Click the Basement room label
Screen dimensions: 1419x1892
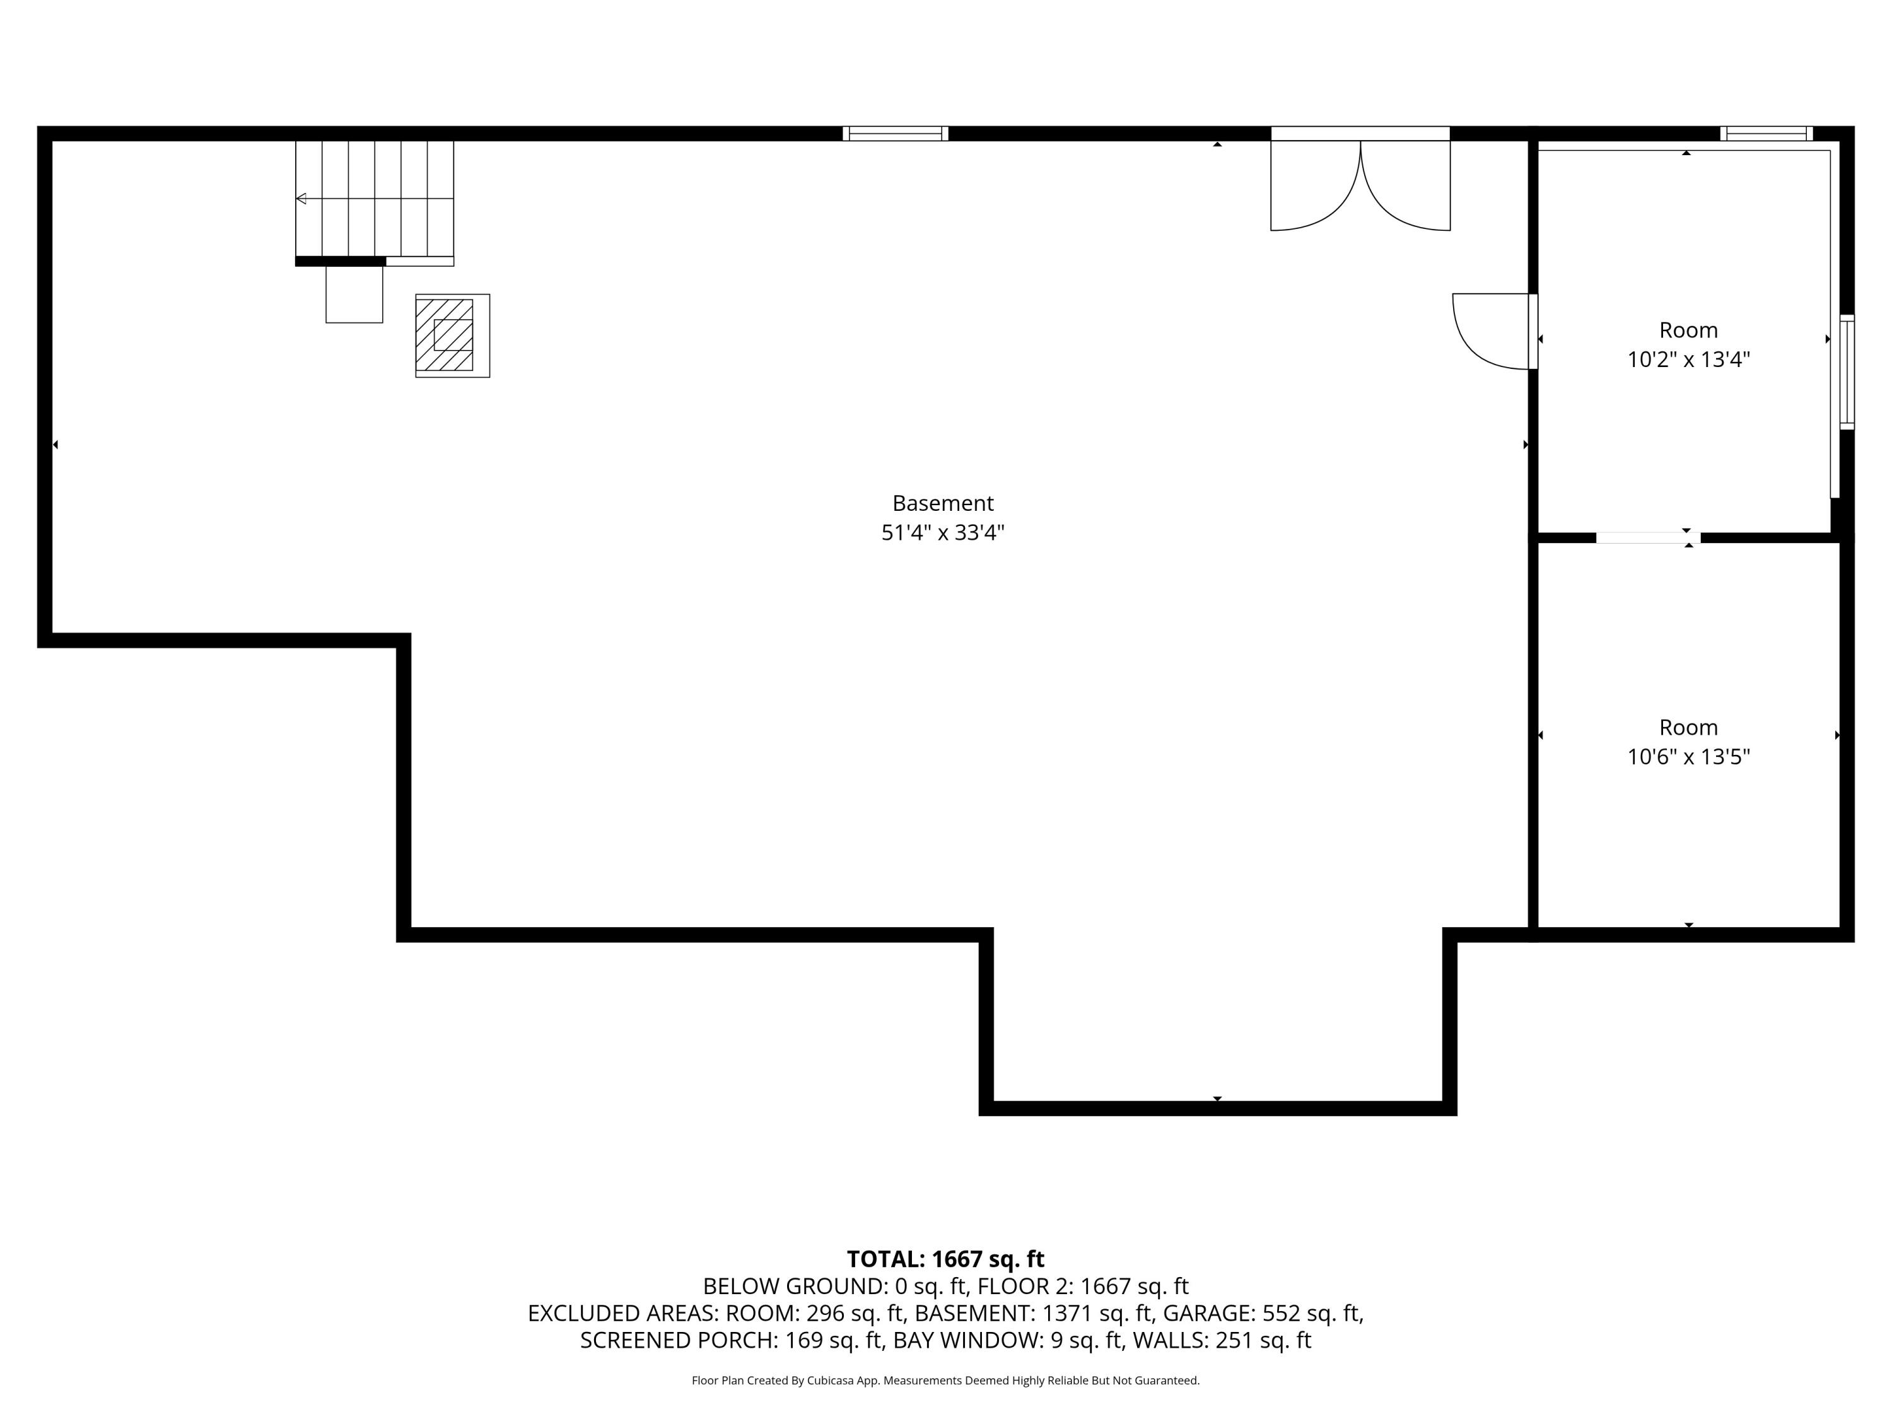(943, 503)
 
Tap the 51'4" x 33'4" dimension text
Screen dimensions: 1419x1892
(943, 533)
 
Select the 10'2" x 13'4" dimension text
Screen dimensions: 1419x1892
(1688, 359)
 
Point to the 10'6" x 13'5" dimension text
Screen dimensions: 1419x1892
(1688, 757)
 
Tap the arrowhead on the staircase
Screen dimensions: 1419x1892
(301, 199)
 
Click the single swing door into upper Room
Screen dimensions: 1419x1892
(1493, 331)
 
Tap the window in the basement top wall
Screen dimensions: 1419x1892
(895, 134)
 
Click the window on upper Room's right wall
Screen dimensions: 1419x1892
(1847, 371)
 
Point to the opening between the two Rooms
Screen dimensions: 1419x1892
(1647, 538)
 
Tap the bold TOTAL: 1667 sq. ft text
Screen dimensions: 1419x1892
(945, 1259)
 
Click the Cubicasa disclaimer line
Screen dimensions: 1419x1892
(945, 1381)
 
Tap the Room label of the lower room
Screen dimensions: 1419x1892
(1688, 727)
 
